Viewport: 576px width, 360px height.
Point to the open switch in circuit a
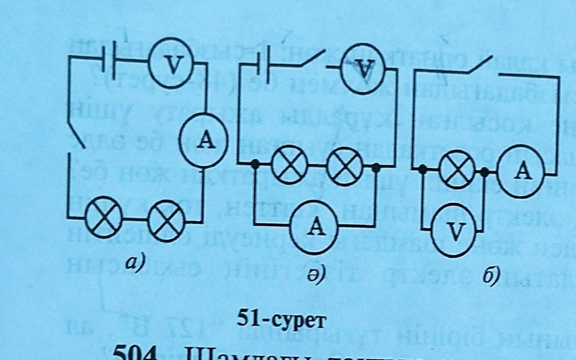77,135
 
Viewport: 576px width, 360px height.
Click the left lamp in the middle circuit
289,167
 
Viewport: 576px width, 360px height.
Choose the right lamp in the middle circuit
345,167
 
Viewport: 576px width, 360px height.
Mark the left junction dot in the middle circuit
254,165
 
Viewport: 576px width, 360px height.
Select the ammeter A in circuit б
522,172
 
